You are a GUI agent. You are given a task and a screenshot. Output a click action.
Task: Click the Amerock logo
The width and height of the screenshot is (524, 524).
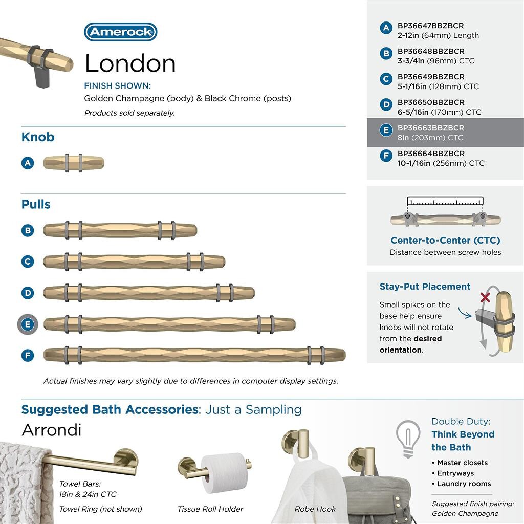[120, 32]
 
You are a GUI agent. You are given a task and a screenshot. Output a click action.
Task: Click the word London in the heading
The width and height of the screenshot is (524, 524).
[130, 63]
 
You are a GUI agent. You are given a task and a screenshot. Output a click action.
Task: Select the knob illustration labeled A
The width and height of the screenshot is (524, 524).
[74, 163]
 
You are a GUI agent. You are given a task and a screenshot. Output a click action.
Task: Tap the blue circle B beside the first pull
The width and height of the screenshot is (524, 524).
[28, 230]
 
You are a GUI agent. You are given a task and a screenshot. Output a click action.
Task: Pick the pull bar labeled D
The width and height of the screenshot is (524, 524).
[148, 293]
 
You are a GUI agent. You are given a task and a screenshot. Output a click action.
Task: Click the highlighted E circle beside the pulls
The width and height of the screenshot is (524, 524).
[28, 324]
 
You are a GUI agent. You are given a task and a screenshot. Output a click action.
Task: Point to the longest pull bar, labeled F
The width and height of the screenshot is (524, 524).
[194, 355]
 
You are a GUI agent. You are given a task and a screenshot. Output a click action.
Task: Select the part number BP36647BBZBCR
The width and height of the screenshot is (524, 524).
[431, 26]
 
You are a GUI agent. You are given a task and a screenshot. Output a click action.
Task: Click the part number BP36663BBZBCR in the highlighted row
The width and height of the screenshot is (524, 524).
[431, 128]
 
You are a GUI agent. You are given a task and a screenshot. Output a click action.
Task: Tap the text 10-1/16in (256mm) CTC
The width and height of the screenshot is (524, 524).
[441, 163]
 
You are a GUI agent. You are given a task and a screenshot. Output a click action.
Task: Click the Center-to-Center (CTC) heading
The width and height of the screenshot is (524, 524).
[445, 240]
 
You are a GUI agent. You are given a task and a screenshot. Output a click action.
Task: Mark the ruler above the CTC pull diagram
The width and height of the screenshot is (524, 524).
[445, 201]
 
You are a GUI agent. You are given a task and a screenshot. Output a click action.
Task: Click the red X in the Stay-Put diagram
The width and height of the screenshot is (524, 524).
[485, 297]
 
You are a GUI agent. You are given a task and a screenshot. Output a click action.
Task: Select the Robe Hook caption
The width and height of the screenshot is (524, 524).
[315, 509]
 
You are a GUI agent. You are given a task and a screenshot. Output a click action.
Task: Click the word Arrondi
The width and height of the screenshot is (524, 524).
[51, 430]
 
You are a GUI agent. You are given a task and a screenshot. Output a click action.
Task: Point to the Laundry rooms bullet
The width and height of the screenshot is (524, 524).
[464, 484]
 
